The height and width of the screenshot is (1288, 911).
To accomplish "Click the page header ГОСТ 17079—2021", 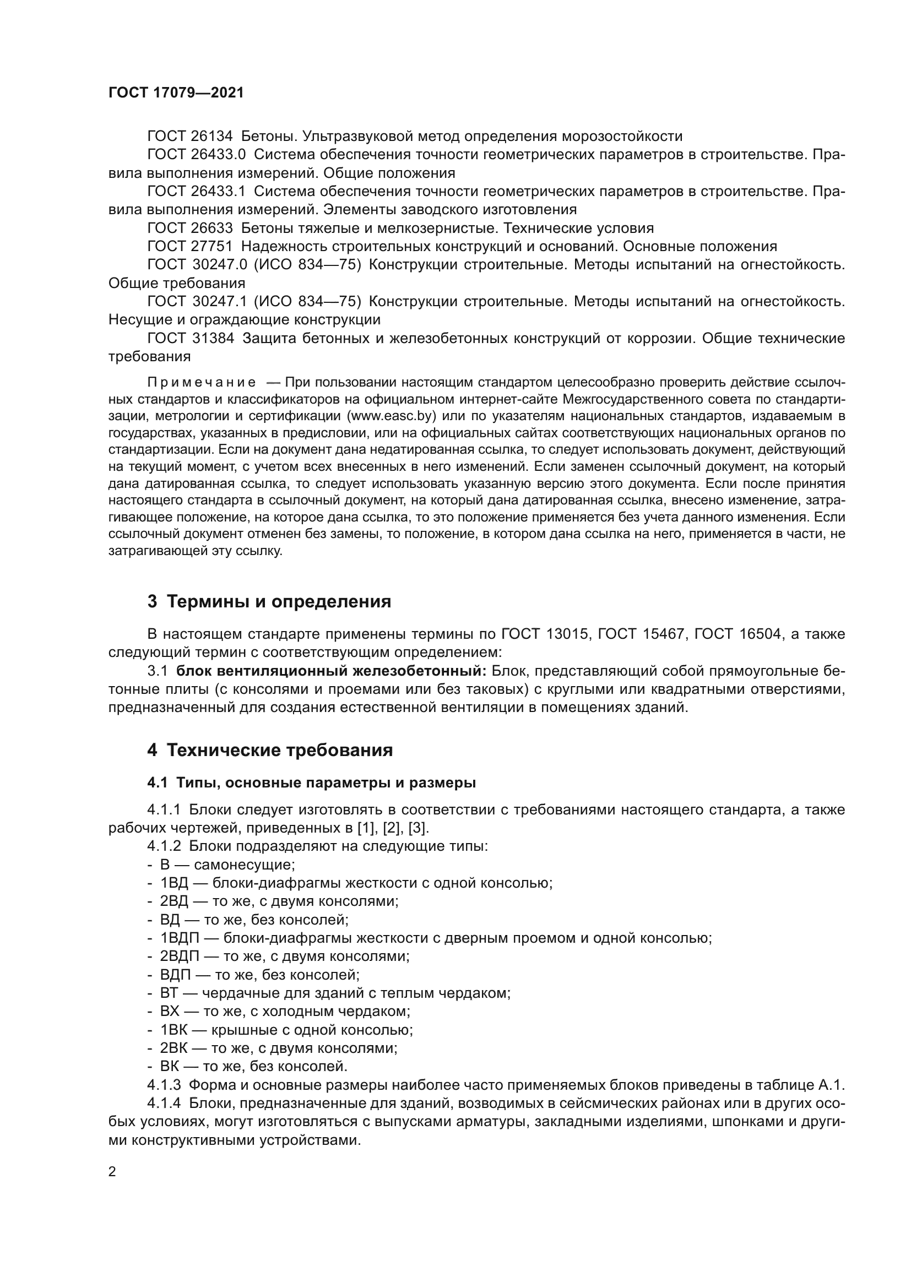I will click(176, 93).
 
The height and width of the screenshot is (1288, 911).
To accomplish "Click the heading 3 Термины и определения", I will click(269, 602).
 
